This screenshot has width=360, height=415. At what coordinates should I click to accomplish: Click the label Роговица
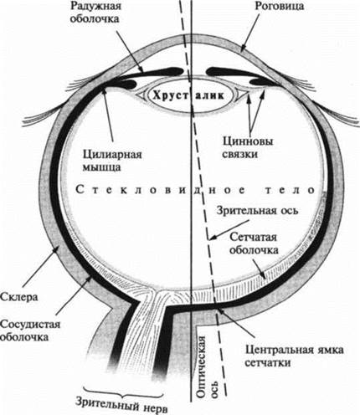pyautogui.click(x=279, y=7)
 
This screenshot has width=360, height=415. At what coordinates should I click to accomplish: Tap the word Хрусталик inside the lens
pyautogui.click(x=188, y=95)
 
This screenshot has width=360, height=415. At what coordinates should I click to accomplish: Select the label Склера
pyautogui.click(x=19, y=297)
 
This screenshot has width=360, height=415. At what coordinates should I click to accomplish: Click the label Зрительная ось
pyautogui.click(x=257, y=210)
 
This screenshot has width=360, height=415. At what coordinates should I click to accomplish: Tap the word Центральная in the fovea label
pyautogui.click(x=282, y=350)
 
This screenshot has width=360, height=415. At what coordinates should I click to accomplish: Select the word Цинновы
pyautogui.click(x=248, y=141)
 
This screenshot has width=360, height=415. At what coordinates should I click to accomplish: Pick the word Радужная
pyautogui.click(x=95, y=7)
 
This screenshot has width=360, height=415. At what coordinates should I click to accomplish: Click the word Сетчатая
pyautogui.click(x=253, y=237)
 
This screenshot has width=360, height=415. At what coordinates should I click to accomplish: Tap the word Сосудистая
pyautogui.click(x=30, y=325)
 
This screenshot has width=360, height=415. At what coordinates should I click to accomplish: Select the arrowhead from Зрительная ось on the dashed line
pyautogui.click(x=213, y=238)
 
